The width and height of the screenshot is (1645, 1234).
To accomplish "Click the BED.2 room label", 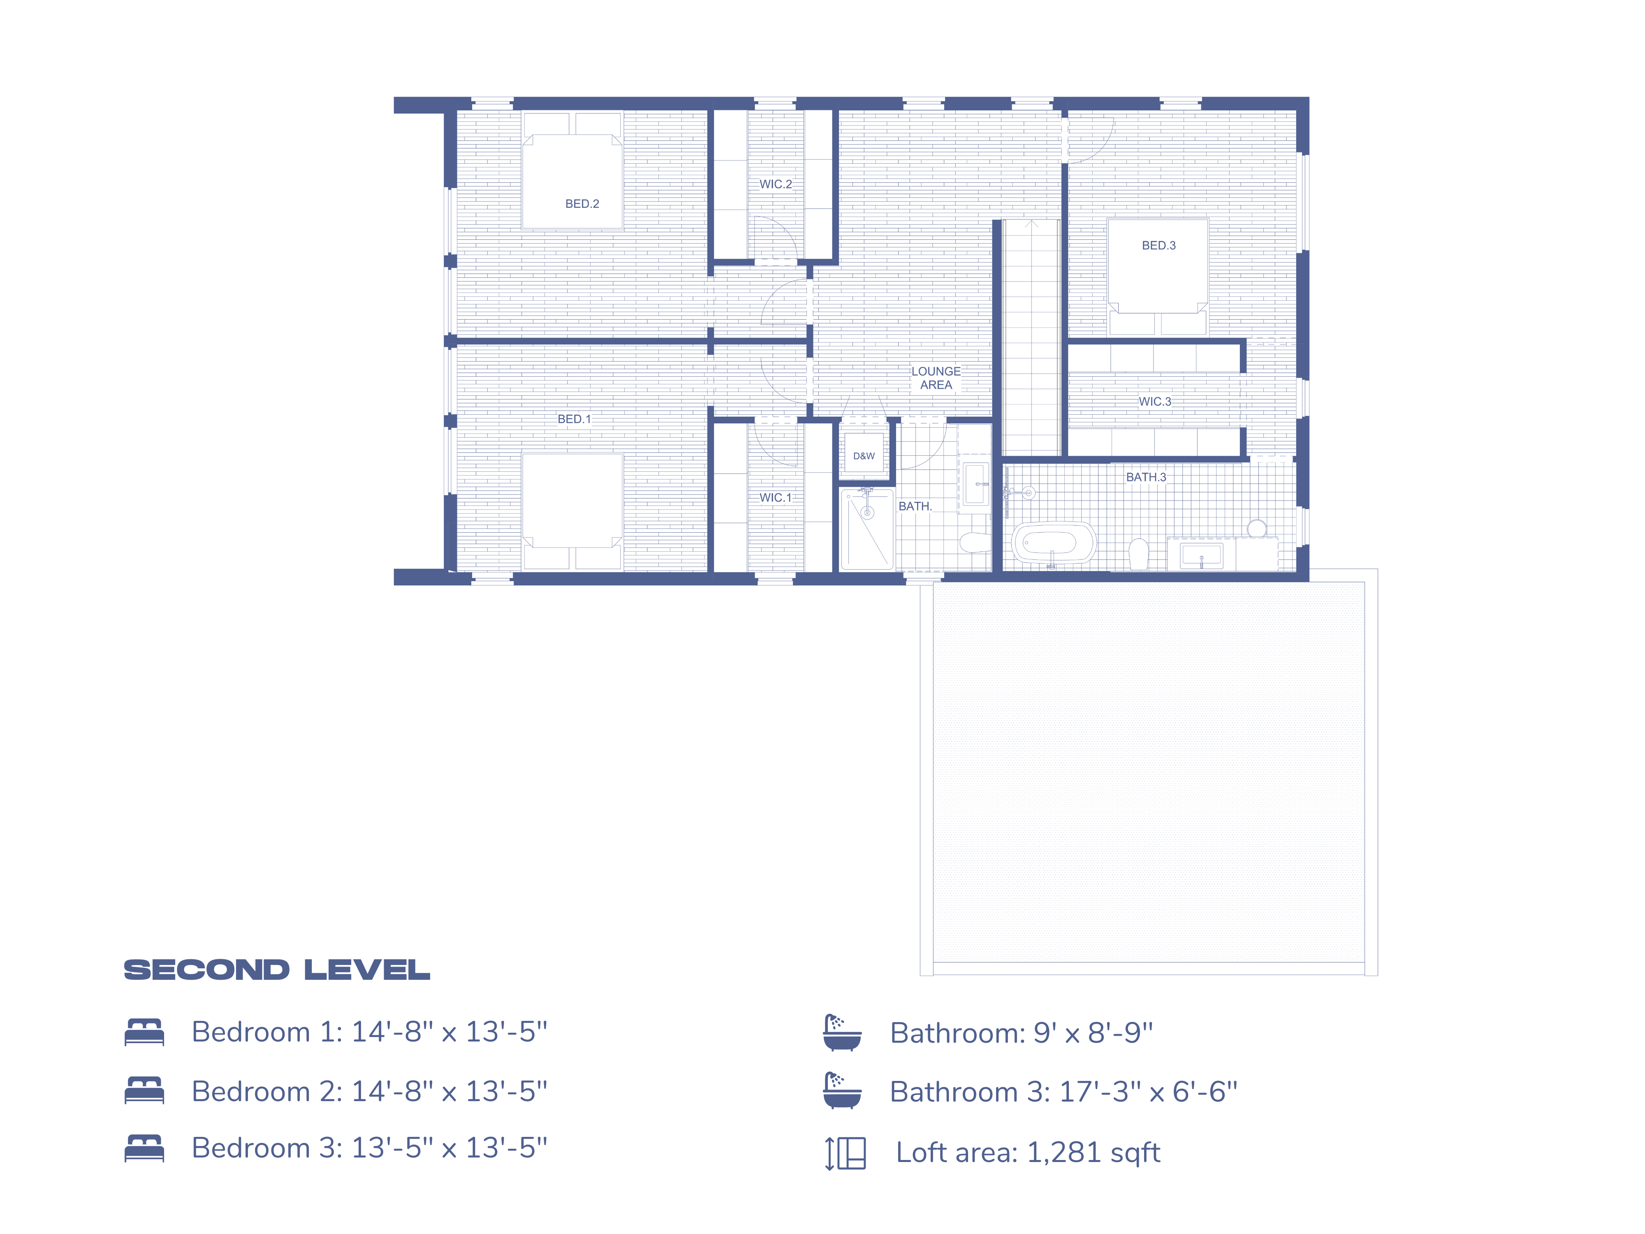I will (582, 204).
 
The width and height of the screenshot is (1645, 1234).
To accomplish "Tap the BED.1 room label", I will (574, 419).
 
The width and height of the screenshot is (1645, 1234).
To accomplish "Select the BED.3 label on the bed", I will (1158, 246).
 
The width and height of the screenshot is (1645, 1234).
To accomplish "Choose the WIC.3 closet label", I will (1154, 401).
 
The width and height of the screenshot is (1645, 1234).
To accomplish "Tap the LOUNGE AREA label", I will (936, 378).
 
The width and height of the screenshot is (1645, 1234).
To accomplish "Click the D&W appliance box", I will (863, 456).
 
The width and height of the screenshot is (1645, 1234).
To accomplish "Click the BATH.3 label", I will (1145, 477).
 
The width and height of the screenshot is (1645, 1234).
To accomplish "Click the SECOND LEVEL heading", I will (277, 970).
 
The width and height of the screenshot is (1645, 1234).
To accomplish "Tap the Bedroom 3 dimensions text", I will (448, 1148).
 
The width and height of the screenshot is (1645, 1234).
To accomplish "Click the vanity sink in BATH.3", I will (1201, 555).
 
